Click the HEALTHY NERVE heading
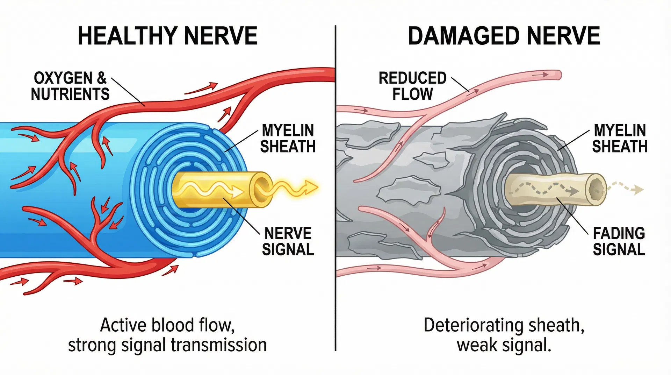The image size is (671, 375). pos(167,36)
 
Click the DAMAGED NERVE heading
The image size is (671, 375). pos(504,36)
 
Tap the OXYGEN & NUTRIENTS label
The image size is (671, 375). pos(70,86)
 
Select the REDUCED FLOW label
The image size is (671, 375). pos(412,86)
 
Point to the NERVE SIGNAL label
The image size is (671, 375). pos(288,241)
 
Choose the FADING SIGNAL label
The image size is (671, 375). pos(619,241)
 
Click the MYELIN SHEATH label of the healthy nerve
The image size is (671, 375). pos(288,139)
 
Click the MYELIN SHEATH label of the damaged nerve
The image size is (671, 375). pos(619,139)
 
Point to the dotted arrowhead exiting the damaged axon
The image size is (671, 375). pos(638,190)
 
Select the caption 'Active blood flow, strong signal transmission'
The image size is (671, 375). pos(167,335)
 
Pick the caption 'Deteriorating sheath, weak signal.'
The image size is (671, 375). pos(504,335)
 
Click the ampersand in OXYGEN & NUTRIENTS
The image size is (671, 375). pos(102,78)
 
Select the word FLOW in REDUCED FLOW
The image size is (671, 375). pos(412,94)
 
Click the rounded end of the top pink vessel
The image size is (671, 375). pos(558,75)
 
